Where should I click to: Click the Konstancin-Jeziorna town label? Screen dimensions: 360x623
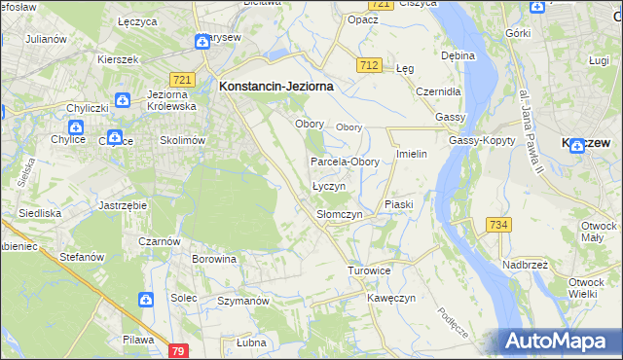276,86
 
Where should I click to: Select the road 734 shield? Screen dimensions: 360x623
498,225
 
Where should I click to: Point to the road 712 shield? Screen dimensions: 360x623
368,64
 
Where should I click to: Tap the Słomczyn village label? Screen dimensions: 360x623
340,213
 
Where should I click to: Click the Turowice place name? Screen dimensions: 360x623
369,270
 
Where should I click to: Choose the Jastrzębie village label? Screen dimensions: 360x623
123,206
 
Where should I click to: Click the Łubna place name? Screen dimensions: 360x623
251,342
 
